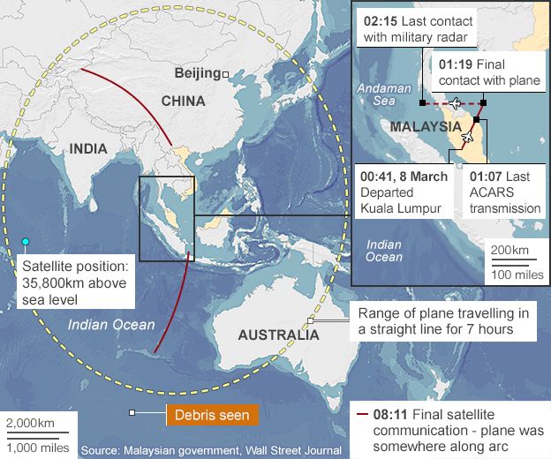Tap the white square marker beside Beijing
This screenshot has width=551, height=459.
coord(226,74)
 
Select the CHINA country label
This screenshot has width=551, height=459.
coord(183,101)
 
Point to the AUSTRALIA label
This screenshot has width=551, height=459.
coord(278,335)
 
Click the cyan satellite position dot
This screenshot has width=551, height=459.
coord(26,241)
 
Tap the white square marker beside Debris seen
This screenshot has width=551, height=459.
coord(132,412)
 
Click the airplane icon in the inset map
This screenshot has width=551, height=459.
coord(456,103)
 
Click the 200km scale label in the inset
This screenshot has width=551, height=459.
coord(509,250)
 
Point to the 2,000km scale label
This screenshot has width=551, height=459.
coord(30,423)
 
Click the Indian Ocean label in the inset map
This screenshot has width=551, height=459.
coord(385,251)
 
